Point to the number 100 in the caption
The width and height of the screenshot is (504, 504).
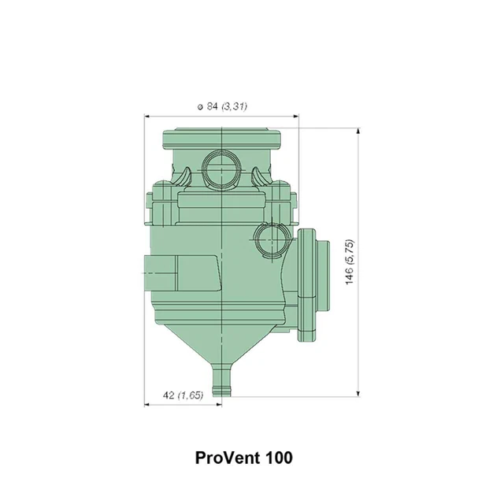click(279, 457)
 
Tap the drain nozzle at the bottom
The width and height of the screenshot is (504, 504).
click(224, 381)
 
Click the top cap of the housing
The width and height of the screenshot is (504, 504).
click(222, 139)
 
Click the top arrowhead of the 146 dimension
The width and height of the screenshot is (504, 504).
click(358, 128)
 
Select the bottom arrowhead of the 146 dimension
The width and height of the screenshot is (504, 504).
click(358, 394)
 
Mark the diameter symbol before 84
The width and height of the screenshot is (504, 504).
click(200, 106)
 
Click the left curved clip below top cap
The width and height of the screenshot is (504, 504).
click(182, 174)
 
